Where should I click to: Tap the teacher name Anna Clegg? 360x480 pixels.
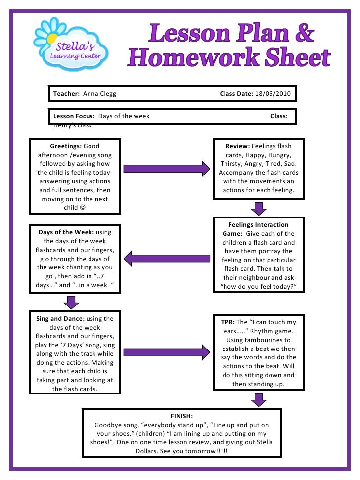[x=99, y=93]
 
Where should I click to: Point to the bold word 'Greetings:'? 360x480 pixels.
[x=66, y=146]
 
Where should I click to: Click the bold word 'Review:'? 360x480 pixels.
[x=238, y=146]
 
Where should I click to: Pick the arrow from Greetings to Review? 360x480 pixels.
[x=166, y=169]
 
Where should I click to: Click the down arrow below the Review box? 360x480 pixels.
[x=259, y=208]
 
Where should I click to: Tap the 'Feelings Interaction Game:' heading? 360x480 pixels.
[x=258, y=229]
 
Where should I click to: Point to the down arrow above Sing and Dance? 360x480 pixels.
[x=72, y=302]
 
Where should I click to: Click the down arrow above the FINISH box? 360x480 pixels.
[x=259, y=399]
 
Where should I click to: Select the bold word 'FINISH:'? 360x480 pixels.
[x=181, y=416]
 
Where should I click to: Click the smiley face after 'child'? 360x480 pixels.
[x=82, y=208]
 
